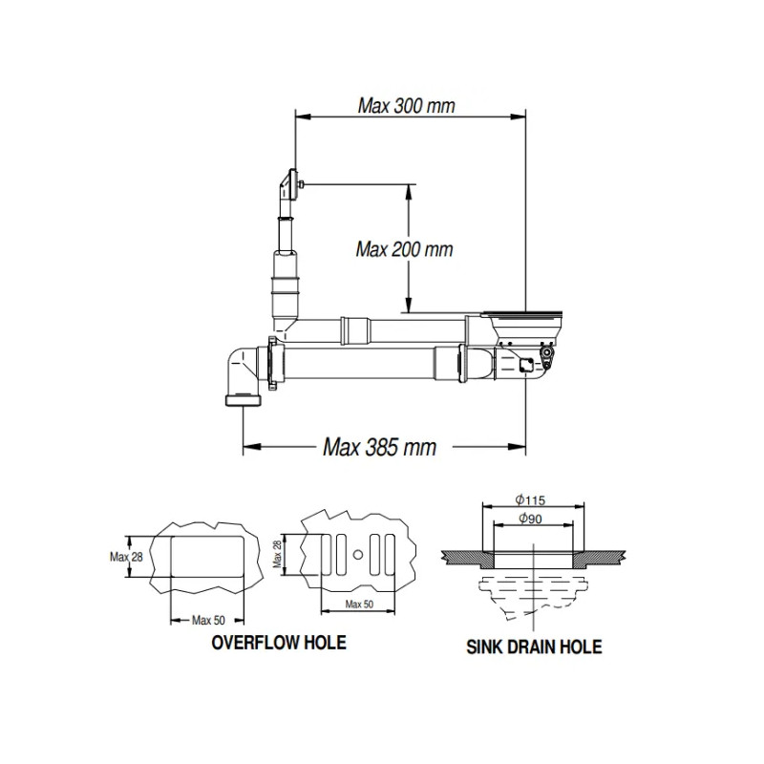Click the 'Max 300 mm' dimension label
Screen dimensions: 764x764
coord(406,104)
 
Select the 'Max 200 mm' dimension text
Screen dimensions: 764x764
coord(404,249)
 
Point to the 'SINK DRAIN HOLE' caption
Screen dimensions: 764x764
coord(534,647)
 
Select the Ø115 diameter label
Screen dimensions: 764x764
coord(534,499)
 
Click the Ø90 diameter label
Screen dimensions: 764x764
coord(534,518)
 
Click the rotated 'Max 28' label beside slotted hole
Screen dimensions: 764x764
coord(278,555)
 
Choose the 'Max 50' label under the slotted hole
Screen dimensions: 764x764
coord(360,605)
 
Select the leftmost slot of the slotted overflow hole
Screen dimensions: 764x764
coord(317,555)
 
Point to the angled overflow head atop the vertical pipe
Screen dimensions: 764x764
coord(287,185)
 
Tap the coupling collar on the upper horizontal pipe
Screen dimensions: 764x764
coord(355,329)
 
